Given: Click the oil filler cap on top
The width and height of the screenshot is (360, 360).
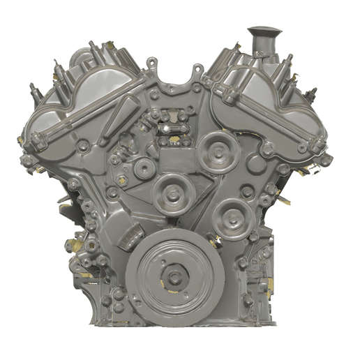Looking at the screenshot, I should (x=264, y=31).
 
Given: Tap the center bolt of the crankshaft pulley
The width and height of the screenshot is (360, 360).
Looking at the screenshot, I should (x=174, y=278).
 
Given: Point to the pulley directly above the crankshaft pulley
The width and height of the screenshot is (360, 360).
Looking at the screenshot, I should (x=171, y=190).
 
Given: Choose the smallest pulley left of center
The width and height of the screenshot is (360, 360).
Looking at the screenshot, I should (x=144, y=167).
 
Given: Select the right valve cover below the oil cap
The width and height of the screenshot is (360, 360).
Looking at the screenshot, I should (x=262, y=98).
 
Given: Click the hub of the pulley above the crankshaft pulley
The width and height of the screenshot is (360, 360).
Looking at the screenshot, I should (x=171, y=190).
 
